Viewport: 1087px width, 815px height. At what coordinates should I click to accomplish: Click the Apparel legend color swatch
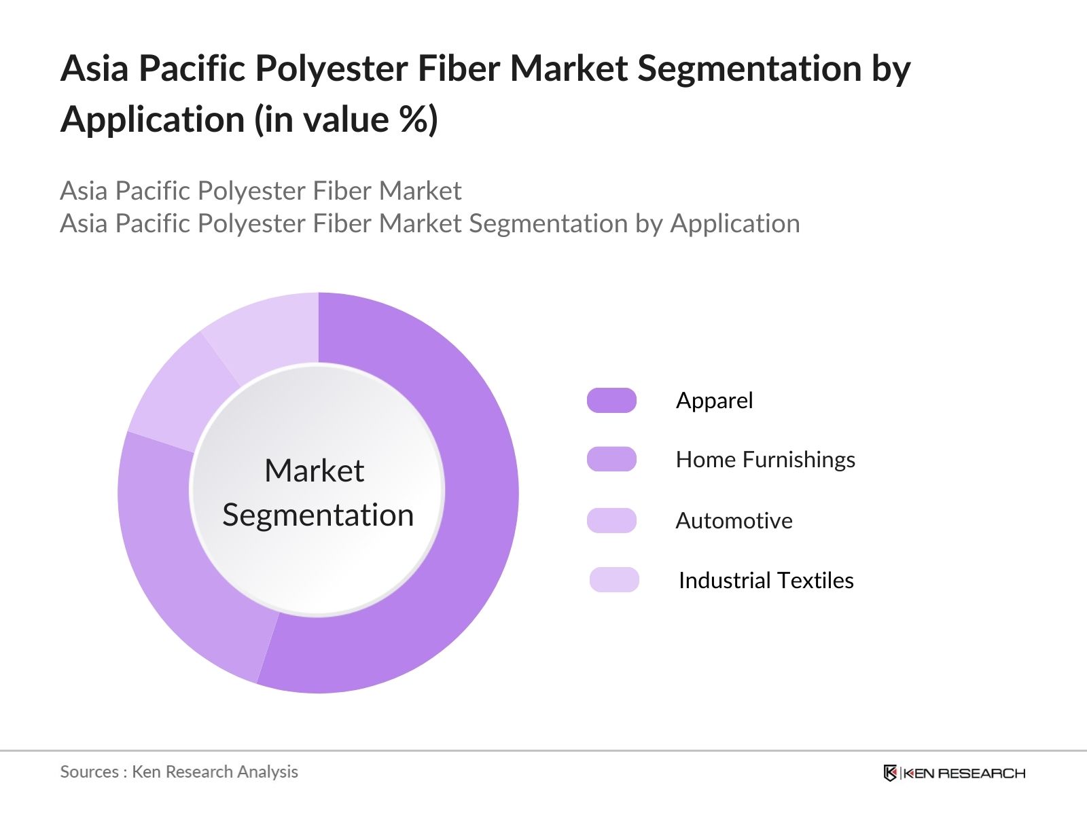[611, 401]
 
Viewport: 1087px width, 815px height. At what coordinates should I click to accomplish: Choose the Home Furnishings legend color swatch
[611, 460]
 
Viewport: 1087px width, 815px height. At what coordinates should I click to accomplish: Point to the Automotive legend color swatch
[611, 520]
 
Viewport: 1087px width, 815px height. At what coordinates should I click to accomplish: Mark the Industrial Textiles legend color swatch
[614, 580]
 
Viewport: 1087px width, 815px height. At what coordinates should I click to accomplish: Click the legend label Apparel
[714, 401]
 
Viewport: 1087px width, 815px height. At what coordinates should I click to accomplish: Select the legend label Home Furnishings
[765, 460]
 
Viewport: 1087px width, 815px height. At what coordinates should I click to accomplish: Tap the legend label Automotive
[734, 521]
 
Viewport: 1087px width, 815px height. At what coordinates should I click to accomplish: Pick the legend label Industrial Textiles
[766, 581]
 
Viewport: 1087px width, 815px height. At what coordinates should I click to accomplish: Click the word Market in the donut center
[314, 471]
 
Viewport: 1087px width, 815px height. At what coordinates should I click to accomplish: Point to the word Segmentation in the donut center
[318, 515]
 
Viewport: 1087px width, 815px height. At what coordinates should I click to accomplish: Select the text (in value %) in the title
[346, 120]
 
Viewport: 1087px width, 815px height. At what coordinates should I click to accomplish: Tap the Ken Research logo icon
[890, 773]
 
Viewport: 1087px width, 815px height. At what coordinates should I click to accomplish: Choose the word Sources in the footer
[89, 772]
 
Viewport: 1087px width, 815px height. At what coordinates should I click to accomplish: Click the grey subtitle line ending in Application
[429, 223]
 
